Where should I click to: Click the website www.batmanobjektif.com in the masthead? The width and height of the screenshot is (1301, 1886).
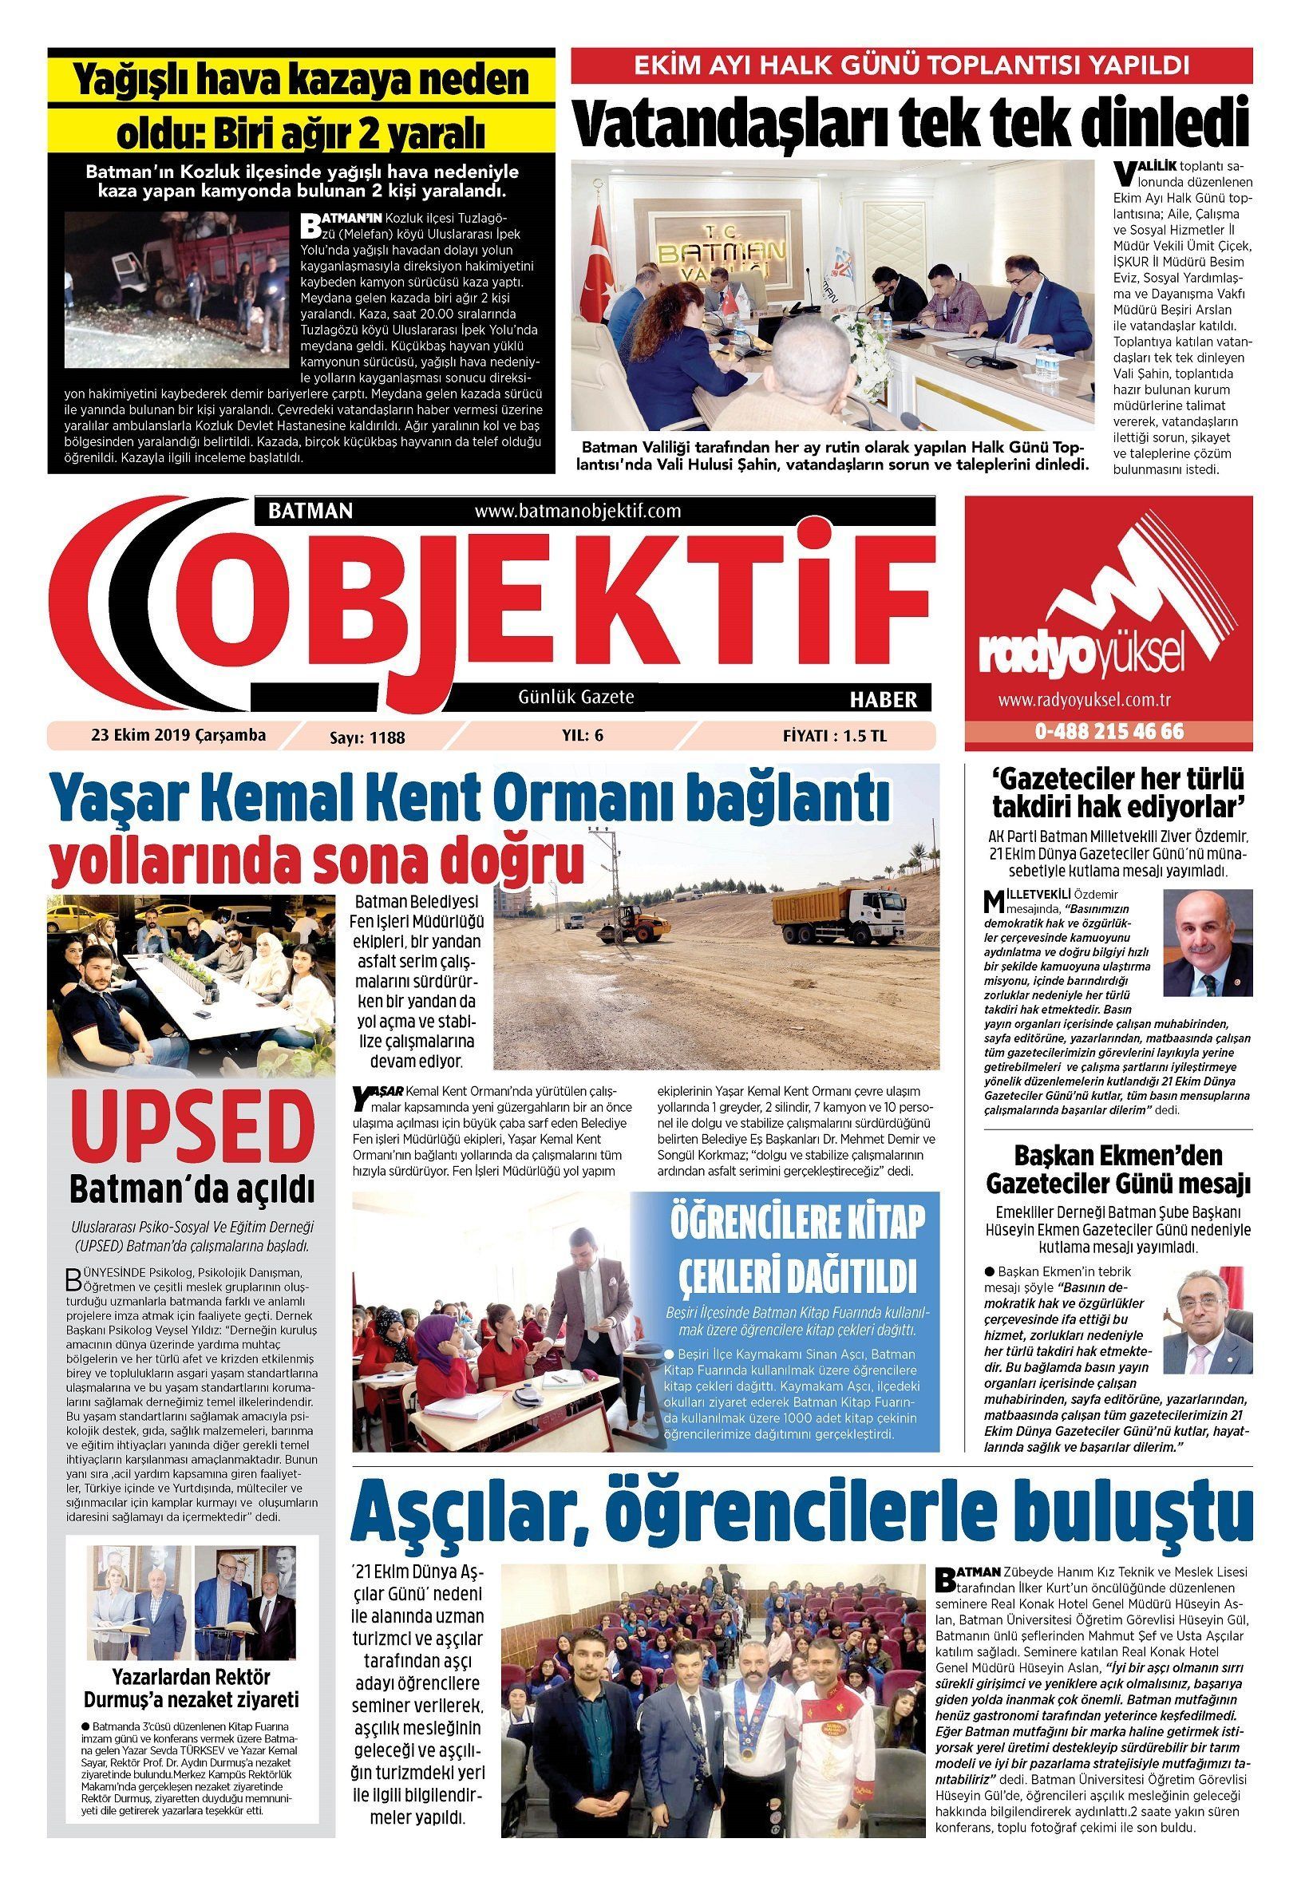coord(577,511)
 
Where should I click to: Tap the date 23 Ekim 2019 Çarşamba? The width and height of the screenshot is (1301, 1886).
coord(179,734)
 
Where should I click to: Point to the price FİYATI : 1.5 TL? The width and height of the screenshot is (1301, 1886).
coord(834,735)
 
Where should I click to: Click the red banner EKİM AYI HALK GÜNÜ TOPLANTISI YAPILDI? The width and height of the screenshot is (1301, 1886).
coord(911,65)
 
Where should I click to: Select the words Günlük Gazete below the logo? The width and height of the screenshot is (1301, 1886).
coord(576,697)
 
